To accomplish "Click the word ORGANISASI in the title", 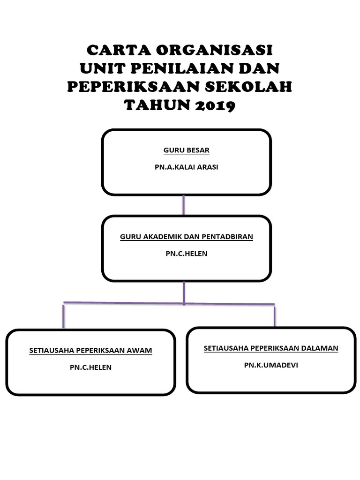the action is coord(215,49).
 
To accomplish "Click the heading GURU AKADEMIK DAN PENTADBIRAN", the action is coord(186,237).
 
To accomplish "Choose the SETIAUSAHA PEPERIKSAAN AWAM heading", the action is coord(90,350).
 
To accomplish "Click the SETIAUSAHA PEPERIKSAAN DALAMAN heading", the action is coord(271,348).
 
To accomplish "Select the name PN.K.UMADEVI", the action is coord(271,365).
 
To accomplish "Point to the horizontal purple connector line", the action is coord(122,303).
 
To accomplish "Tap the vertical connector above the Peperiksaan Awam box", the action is coord(63,316).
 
